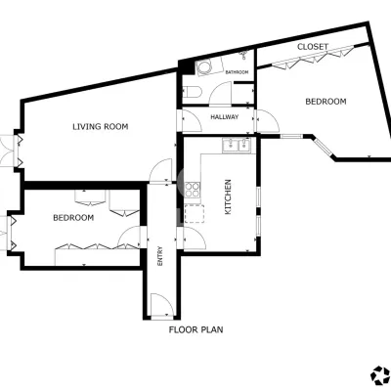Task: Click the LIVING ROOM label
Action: [x=101, y=126]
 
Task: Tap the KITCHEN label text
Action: [x=228, y=196]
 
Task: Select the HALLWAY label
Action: [x=225, y=117]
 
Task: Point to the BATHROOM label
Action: [x=237, y=72]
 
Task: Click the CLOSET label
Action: [x=313, y=47]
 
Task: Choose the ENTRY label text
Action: [x=160, y=256]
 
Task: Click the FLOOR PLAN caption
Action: [x=195, y=329]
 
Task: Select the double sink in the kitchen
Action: [x=237, y=145]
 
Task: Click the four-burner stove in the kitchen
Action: [x=193, y=190]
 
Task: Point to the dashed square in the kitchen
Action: [x=195, y=214]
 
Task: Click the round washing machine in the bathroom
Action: [x=205, y=67]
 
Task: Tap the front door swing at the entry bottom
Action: [x=162, y=305]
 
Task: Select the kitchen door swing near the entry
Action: [x=195, y=239]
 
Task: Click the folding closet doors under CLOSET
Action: [x=313, y=58]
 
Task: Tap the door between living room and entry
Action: [x=160, y=170]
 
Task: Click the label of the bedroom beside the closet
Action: [x=326, y=102]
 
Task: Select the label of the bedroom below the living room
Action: [x=73, y=218]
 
